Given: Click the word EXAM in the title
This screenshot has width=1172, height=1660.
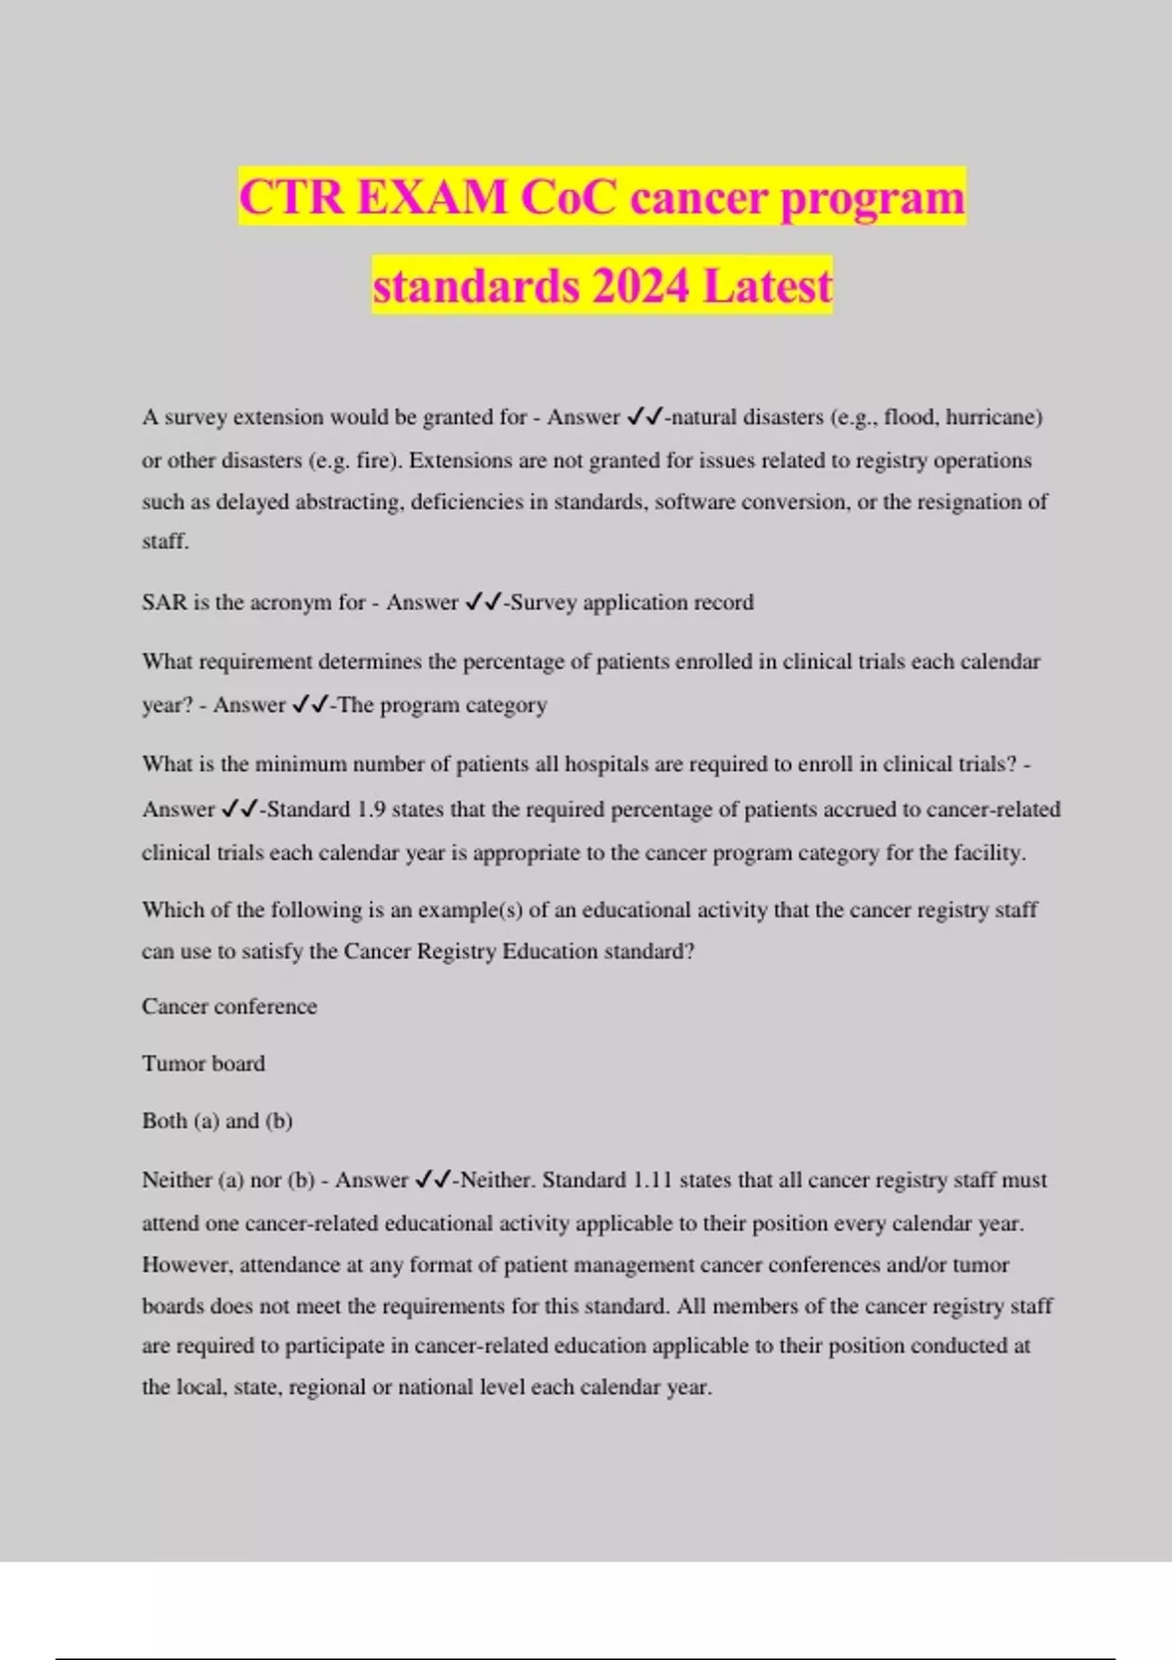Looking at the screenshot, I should click(x=432, y=197).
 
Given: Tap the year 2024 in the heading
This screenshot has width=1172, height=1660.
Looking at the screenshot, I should click(x=640, y=286).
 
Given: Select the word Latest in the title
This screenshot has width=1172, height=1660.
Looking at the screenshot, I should click(x=768, y=286).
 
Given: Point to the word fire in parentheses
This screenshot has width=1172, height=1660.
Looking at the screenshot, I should click(x=373, y=461).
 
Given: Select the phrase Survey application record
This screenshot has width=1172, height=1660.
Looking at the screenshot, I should click(x=632, y=602).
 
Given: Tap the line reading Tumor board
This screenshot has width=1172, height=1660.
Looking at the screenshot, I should click(x=203, y=1063).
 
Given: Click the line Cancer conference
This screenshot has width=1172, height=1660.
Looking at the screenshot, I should click(x=230, y=1007).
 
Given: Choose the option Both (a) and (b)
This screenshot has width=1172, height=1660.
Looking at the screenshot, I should click(x=217, y=1121).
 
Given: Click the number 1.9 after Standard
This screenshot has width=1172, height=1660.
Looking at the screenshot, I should click(x=371, y=809).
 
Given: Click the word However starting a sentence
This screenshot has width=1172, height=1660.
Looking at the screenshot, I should click(x=187, y=1266).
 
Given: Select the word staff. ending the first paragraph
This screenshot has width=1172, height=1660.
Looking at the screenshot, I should click(x=165, y=542).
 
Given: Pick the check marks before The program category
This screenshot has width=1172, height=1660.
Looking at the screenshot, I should click(x=311, y=705).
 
